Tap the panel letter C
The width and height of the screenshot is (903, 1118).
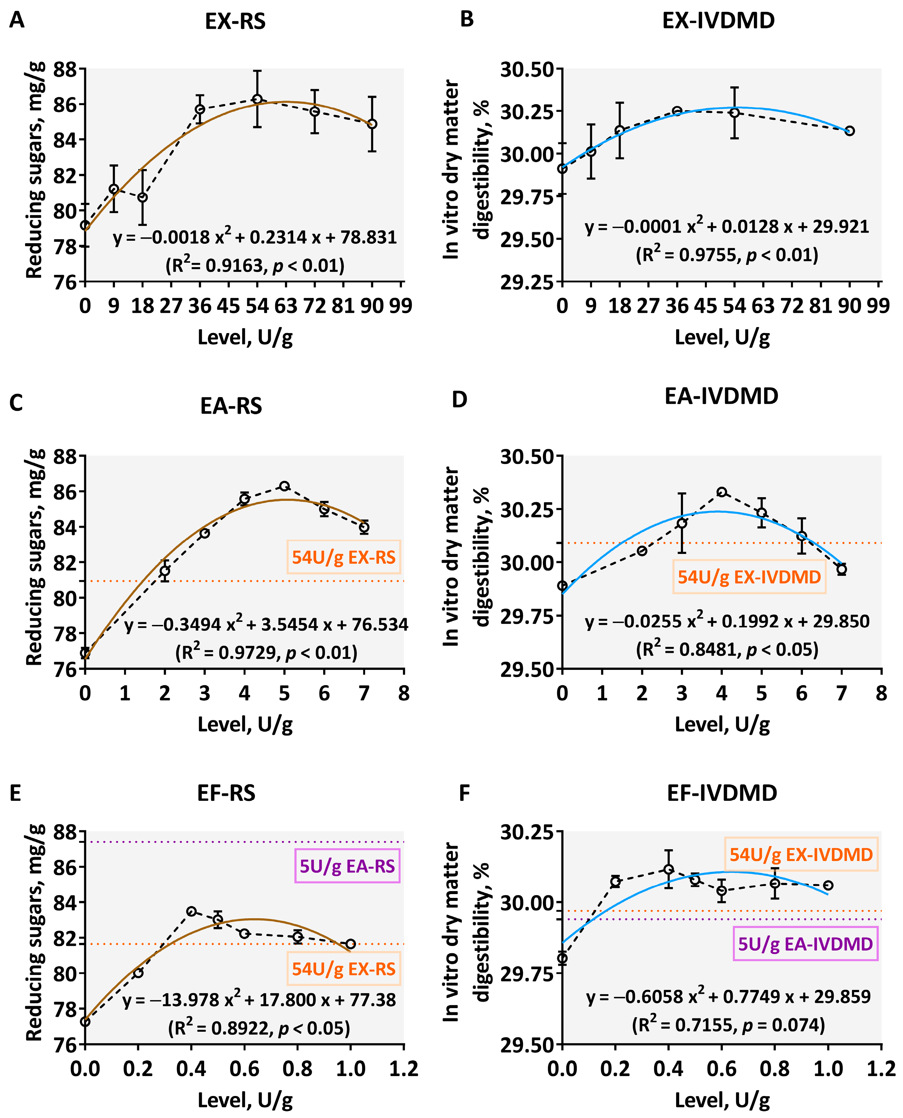pos(16,403)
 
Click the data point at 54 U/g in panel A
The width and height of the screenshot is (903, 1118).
pos(257,99)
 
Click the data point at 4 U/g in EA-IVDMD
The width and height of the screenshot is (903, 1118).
pos(721,492)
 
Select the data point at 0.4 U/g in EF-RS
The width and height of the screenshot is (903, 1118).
pos(191,911)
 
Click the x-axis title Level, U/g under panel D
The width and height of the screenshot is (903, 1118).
pos(722,724)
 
